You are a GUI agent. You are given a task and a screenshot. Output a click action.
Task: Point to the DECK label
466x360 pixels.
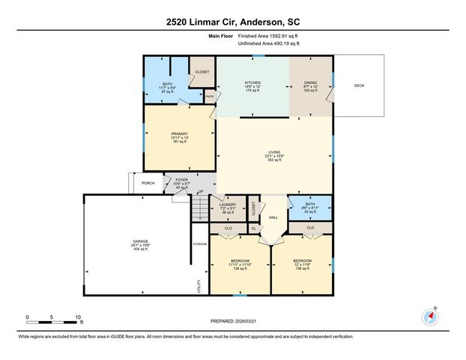[360, 85]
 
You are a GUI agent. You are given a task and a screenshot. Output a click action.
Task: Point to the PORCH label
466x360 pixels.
[148, 183]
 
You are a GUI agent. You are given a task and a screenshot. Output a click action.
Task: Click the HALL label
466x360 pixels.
[274, 217]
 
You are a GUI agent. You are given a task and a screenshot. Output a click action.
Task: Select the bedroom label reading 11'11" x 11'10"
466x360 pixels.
[238, 265]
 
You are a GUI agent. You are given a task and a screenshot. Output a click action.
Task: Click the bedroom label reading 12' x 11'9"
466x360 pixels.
[301, 265]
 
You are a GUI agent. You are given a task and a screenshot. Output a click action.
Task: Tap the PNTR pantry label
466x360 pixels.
[210, 96]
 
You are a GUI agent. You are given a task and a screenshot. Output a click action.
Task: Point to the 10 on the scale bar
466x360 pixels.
[77, 317]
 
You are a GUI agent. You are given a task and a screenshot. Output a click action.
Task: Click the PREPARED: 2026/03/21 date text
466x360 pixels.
[232, 320]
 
